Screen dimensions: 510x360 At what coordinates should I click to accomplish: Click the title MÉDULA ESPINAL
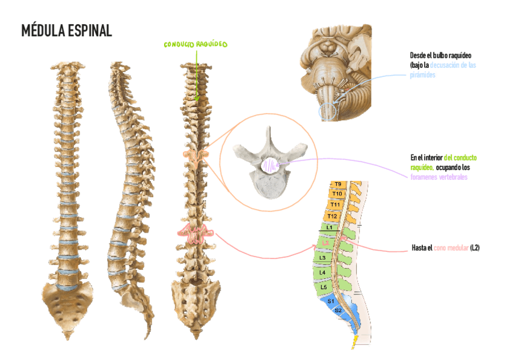coord(66,31)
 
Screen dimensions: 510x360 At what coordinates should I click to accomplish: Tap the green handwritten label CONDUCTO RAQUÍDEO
coord(195,45)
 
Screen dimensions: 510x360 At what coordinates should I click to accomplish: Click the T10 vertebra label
coord(337,194)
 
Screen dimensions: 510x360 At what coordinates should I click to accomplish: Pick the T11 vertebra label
coord(335,204)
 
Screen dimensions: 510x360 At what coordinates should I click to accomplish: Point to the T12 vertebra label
coord(332,216)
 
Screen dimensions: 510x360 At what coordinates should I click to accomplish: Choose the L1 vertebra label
coord(328,227)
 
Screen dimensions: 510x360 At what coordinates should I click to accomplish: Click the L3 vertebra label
coord(322,258)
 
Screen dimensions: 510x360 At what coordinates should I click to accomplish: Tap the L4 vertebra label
coord(322,272)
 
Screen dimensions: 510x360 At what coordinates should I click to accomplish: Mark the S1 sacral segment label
coord(330,301)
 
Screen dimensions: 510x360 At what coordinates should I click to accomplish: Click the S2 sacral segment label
coord(338,310)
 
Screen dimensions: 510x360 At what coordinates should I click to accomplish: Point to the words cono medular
coord(450,248)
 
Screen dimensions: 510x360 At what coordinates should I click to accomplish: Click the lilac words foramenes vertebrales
coord(438,177)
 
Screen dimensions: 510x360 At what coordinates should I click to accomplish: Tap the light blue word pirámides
coord(422,75)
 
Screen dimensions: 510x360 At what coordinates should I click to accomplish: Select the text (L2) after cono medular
coord(475,248)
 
